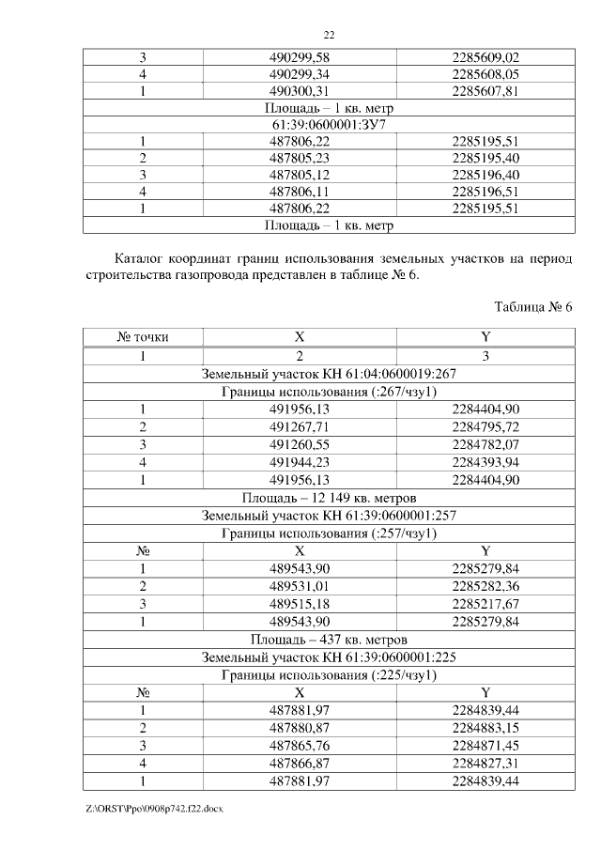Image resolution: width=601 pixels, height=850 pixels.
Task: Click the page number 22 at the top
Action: coord(330,35)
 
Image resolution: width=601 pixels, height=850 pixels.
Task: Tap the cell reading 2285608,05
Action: coord(485,73)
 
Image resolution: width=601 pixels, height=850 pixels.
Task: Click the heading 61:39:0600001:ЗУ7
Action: coord(329,124)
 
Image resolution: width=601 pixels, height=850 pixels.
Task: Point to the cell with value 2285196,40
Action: coord(485,175)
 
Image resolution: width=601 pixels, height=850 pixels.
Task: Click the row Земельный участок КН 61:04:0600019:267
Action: coord(329,373)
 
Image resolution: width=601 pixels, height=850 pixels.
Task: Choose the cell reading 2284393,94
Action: coord(485,462)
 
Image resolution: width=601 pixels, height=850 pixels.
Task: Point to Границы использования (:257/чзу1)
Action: coord(329,533)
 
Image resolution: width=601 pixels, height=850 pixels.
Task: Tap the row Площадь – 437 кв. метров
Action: coord(329,639)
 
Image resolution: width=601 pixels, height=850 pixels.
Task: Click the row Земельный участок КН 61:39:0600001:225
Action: coord(329,657)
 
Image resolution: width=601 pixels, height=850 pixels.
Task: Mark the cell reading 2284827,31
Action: coord(485,763)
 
